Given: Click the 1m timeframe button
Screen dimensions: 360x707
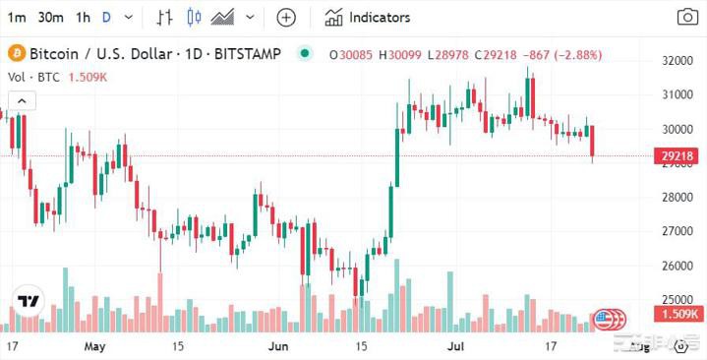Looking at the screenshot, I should tap(17, 17).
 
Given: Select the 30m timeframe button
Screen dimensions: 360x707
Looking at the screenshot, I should tap(51, 17).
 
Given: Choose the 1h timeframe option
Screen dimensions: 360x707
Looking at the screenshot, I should tap(83, 17).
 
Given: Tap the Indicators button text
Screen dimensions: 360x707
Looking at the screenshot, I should tap(380, 17).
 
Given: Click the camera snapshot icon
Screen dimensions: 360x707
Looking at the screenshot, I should tap(687, 17).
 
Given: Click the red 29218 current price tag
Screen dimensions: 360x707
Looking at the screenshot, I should tap(678, 155).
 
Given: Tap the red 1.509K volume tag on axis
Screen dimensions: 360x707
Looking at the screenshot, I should tap(678, 315).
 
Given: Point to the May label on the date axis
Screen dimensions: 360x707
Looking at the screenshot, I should tap(94, 347).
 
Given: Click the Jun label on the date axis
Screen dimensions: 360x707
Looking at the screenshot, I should tap(278, 347).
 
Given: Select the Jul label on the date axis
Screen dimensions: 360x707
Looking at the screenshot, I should tap(454, 347).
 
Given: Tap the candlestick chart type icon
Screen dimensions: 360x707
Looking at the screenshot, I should tap(193, 17).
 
